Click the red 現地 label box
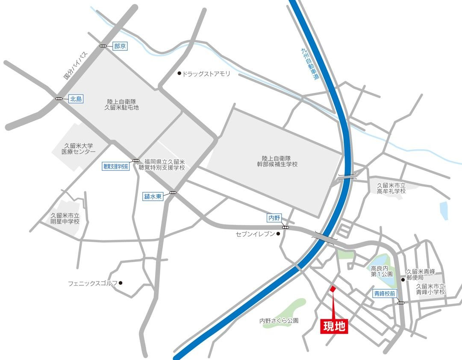coord(334,327)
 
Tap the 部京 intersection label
coord(120,46)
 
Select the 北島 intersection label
coord(76,99)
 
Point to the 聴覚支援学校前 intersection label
coord(115,167)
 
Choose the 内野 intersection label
coord(273,218)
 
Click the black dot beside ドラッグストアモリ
coord(180,74)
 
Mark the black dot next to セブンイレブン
coord(278,234)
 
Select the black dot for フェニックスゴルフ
coord(121,283)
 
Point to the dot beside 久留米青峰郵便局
coord(403,280)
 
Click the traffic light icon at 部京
coord(104,46)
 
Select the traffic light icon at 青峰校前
coord(401,303)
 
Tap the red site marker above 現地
coord(333,290)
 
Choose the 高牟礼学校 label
coord(391,188)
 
